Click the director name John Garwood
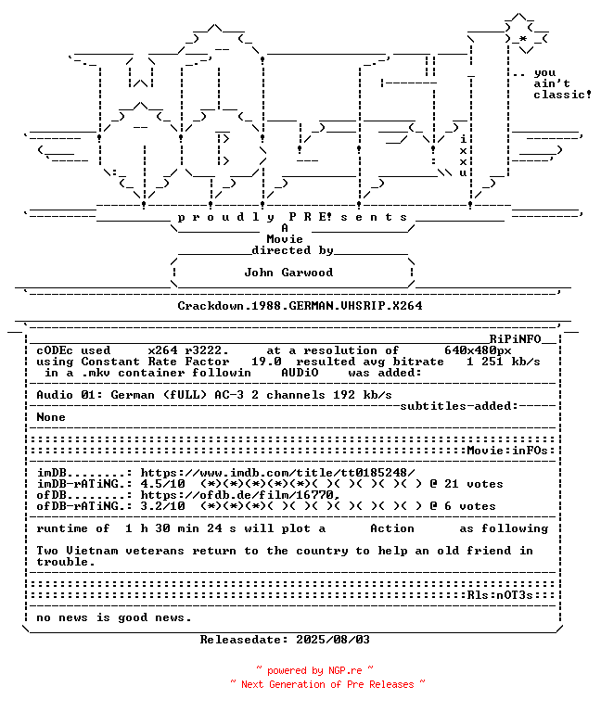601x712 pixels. [x=288, y=273]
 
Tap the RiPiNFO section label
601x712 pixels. [x=522, y=339]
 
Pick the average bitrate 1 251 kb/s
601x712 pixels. [x=504, y=362]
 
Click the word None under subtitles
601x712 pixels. [x=51, y=417]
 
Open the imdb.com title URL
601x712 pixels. [x=277, y=473]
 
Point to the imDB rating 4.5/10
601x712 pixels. [x=162, y=484]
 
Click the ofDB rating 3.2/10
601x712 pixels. [x=162, y=506]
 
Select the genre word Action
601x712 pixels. [x=392, y=528]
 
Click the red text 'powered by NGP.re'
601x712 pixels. [x=314, y=670]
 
